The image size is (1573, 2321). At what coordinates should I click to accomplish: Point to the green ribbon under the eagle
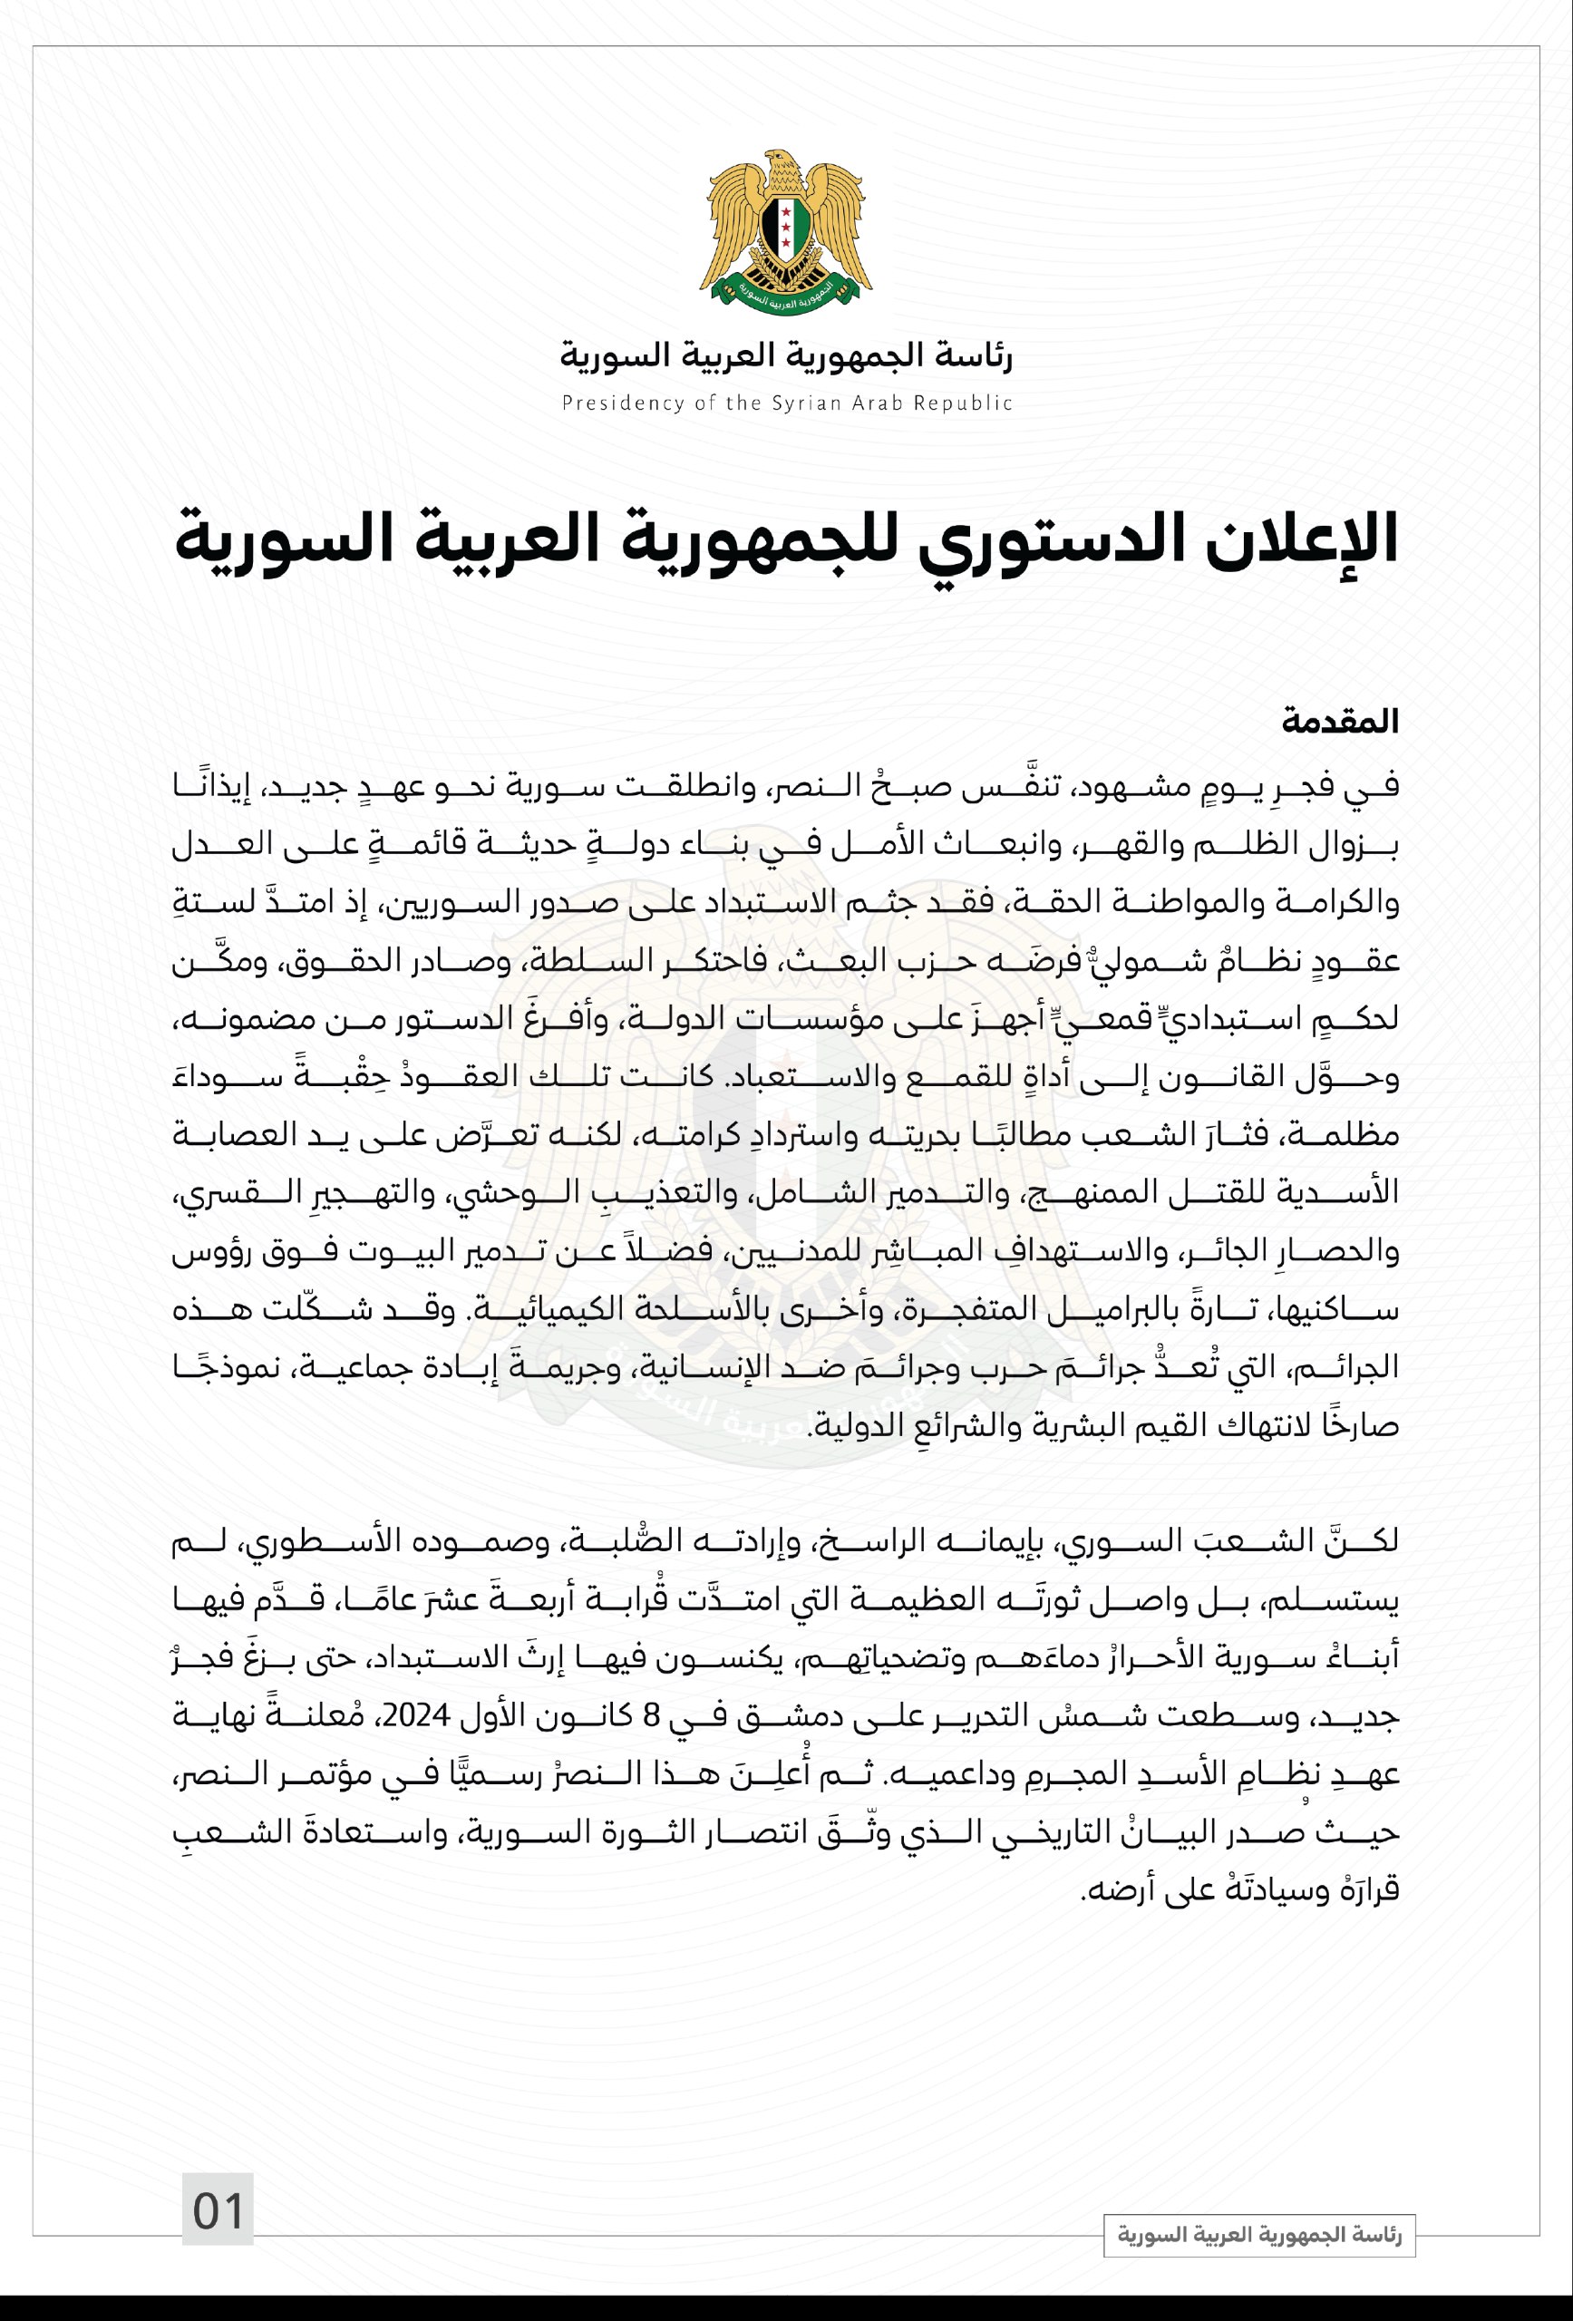786,292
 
